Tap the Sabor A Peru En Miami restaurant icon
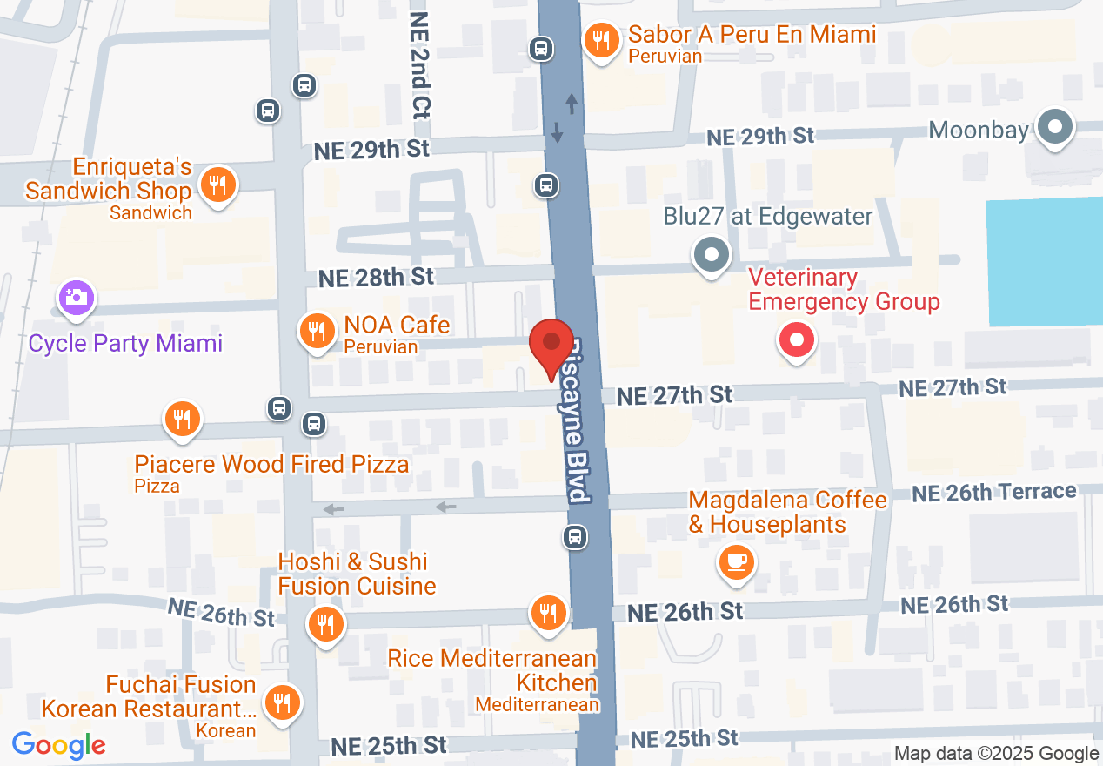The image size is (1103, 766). [600, 40]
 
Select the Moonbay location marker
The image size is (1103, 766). [1055, 128]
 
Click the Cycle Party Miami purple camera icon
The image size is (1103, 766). [77, 297]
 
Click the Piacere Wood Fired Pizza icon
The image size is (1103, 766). [182, 420]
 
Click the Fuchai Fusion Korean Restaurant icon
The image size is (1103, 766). [281, 702]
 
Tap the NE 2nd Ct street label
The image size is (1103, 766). [421, 65]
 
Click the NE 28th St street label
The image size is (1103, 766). [376, 278]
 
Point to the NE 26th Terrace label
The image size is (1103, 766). [994, 493]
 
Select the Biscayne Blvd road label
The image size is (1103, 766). [575, 418]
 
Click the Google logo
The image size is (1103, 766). [59, 746]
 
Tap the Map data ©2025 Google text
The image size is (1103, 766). [997, 754]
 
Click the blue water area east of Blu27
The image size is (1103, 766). [1044, 261]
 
